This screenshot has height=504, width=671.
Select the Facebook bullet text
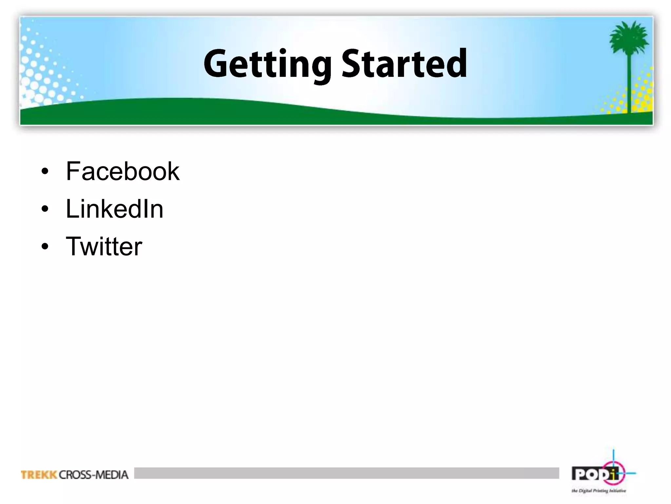(123, 171)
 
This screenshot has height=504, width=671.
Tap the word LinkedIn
(114, 209)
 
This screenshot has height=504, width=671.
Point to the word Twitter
(104, 246)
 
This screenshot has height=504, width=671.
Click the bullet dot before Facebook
(45, 172)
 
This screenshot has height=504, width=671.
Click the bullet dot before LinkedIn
(45, 209)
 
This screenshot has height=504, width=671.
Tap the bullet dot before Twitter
(45, 247)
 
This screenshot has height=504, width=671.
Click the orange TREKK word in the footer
(39, 475)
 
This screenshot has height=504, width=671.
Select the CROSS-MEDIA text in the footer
(94, 475)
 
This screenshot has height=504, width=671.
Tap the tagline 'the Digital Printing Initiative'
(599, 491)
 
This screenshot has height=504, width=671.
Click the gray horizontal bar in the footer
(346, 473)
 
